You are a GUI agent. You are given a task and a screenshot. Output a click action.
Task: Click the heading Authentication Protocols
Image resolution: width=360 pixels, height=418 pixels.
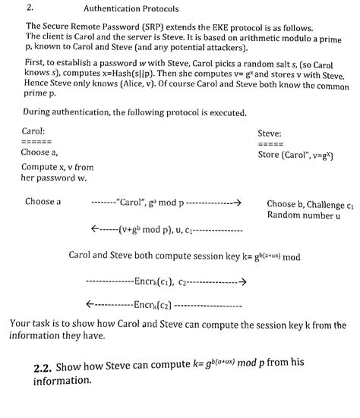pyautogui.click(x=131, y=10)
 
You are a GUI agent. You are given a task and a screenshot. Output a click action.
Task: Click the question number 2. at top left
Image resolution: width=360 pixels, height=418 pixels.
pyautogui.click(x=30, y=9)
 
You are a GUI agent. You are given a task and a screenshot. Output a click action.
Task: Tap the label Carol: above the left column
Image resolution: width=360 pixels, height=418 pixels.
pyautogui.click(x=35, y=130)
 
